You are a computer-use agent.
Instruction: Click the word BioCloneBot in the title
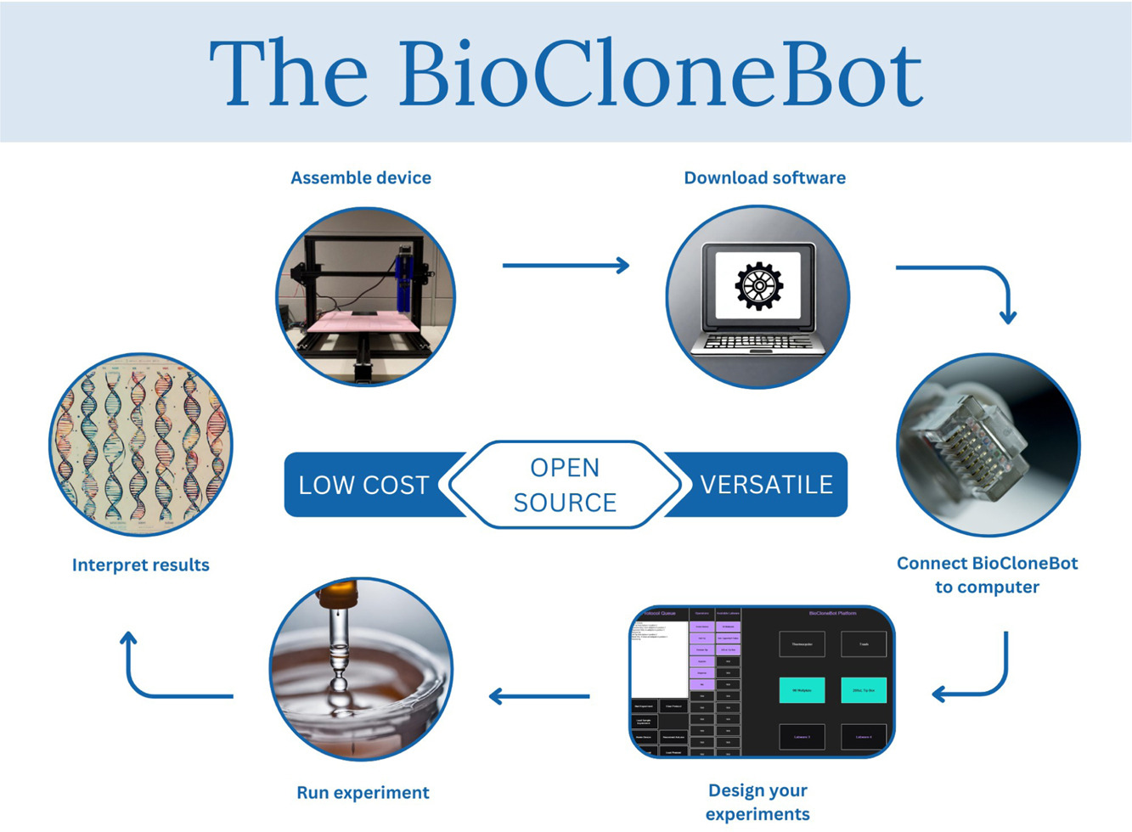click(660, 75)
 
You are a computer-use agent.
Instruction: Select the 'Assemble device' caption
click(361, 178)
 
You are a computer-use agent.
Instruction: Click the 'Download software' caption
click(764, 178)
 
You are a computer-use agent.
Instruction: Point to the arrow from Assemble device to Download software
click(566, 266)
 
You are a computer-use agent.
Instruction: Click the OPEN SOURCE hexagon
click(565, 485)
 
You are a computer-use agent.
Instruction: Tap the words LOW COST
click(363, 485)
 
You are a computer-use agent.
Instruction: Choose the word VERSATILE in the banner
click(766, 485)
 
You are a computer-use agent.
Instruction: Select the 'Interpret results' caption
click(141, 565)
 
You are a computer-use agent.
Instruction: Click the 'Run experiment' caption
click(363, 793)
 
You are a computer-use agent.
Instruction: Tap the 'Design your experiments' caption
click(757, 802)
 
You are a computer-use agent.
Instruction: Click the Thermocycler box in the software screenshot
click(802, 644)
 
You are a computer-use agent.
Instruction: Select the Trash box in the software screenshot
click(864, 644)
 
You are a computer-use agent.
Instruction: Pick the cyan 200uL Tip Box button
click(864, 690)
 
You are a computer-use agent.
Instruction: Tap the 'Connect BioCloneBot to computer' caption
click(987, 575)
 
